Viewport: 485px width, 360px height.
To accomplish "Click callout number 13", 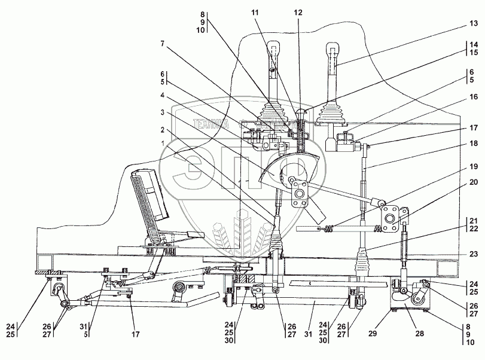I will pyautogui.click(x=473, y=23).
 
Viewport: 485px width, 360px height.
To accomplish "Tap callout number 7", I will pyautogui.click(x=163, y=43).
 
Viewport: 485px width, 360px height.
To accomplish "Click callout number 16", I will pyautogui.click(x=473, y=96).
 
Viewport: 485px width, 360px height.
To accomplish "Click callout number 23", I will pyautogui.click(x=473, y=253).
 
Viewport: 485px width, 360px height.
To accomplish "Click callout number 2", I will pyautogui.click(x=163, y=129).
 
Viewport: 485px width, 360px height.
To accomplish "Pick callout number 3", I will pyautogui.click(x=163, y=112).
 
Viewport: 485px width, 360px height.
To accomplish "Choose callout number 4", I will pyautogui.click(x=163, y=95).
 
